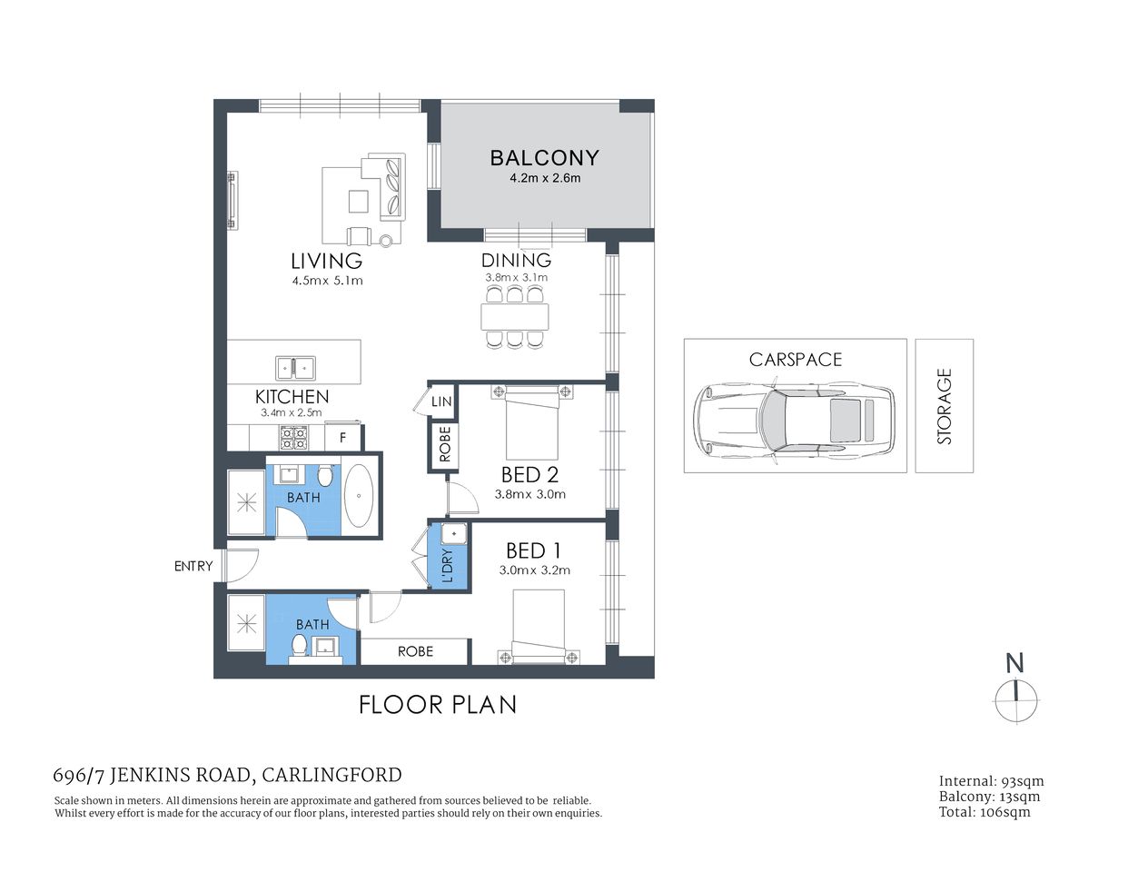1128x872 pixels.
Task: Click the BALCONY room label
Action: [544, 158]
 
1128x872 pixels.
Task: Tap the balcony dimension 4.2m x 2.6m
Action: [545, 178]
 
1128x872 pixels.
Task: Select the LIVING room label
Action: [326, 262]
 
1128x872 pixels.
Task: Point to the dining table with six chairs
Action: [515, 317]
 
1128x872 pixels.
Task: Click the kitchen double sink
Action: [295, 368]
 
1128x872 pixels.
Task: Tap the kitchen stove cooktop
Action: [292, 438]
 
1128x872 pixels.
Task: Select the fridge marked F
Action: [342, 438]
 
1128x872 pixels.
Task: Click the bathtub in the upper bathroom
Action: [359, 497]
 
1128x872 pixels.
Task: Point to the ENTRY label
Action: [193, 566]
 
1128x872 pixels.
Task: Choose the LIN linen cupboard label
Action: [441, 401]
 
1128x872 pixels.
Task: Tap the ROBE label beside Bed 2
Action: [444, 445]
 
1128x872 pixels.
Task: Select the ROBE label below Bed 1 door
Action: [415, 651]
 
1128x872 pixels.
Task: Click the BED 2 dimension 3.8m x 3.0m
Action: [529, 495]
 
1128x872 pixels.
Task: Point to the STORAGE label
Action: [945, 406]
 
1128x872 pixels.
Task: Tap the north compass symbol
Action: [1015, 700]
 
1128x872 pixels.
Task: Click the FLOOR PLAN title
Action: [438, 705]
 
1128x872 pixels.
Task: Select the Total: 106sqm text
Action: [985, 812]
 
